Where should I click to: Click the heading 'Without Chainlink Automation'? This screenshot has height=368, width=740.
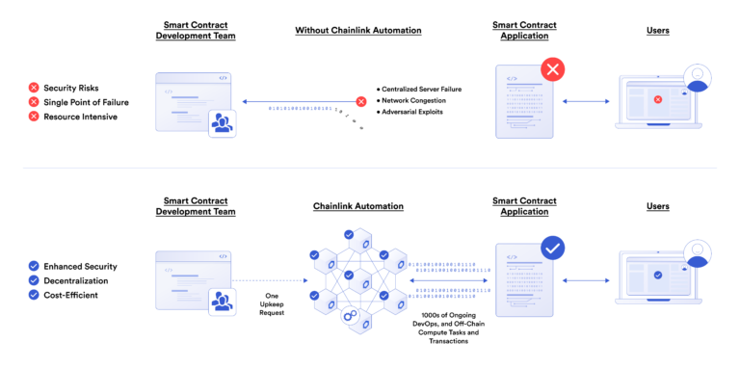(x=357, y=31)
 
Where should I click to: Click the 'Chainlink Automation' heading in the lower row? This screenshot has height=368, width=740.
(x=357, y=206)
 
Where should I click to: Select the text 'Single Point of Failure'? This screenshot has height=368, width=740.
(x=86, y=102)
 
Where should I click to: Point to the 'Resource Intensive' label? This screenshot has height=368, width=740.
(x=80, y=117)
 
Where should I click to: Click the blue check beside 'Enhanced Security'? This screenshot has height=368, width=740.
(x=34, y=266)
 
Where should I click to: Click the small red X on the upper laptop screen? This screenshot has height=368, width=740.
(x=658, y=99)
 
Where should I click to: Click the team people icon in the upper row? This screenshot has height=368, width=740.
(x=223, y=122)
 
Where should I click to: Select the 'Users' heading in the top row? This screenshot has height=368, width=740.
(x=658, y=31)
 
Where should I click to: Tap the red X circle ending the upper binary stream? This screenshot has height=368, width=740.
(x=361, y=101)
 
